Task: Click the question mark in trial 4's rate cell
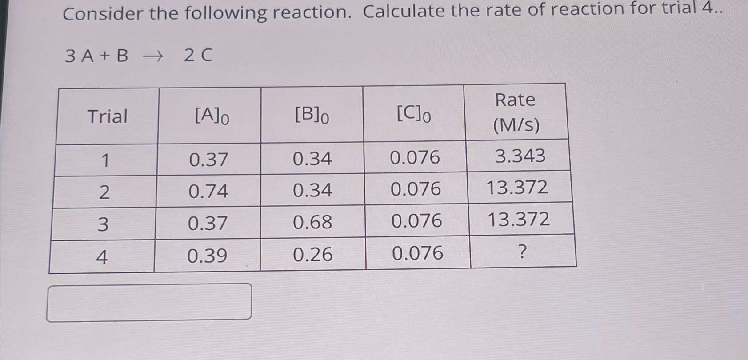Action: (523, 252)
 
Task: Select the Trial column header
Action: (107, 116)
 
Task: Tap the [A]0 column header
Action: (212, 116)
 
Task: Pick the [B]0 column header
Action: (312, 116)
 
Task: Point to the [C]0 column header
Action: (413, 115)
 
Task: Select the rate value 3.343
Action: (520, 156)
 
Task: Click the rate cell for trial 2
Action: (517, 188)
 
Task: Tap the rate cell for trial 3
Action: (519, 220)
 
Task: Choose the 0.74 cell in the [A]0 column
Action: (208, 192)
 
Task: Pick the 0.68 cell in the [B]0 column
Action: (312, 222)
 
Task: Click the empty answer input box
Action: (149, 302)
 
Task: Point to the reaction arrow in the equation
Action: (154, 56)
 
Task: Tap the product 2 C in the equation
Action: (198, 56)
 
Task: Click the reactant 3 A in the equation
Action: (80, 56)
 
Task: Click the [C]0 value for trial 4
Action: (417, 253)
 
